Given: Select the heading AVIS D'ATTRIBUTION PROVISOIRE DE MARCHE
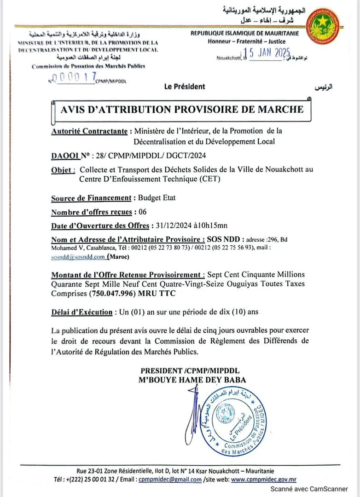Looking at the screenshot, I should (182, 110).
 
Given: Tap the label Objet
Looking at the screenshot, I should (64, 170).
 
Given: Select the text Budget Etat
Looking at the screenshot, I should (157, 198).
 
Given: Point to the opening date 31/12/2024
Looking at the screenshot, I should (172, 226).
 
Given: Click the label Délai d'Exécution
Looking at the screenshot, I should (82, 312).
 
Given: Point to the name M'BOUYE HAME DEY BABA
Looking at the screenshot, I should (192, 380).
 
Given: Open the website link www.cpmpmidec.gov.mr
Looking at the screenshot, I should (263, 479).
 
